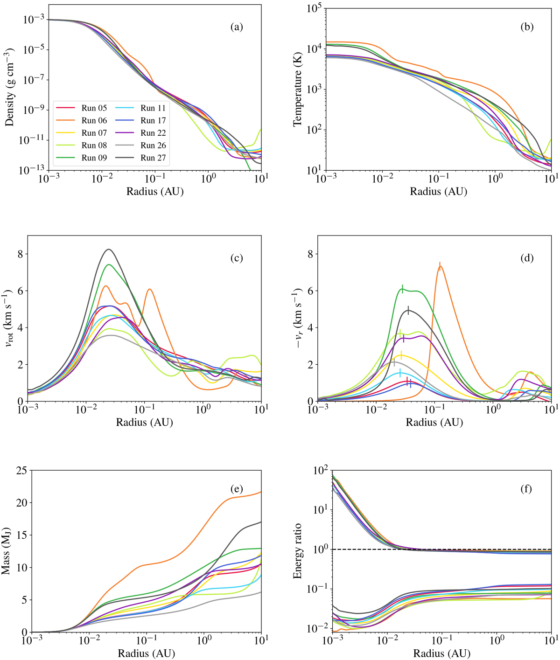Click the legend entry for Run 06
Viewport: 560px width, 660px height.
point(94,121)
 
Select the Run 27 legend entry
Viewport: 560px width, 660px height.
point(153,158)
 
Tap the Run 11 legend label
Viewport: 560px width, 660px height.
point(153,108)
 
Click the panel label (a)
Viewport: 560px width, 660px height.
point(237,27)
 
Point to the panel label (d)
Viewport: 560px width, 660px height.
point(526,258)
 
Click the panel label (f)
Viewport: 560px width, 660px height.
point(526,489)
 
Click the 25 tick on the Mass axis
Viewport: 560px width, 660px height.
point(21,471)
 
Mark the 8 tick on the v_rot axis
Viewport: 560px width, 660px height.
point(23,254)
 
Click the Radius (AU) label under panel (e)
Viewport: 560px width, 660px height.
point(146,653)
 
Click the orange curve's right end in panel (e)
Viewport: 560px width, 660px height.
point(260,492)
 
